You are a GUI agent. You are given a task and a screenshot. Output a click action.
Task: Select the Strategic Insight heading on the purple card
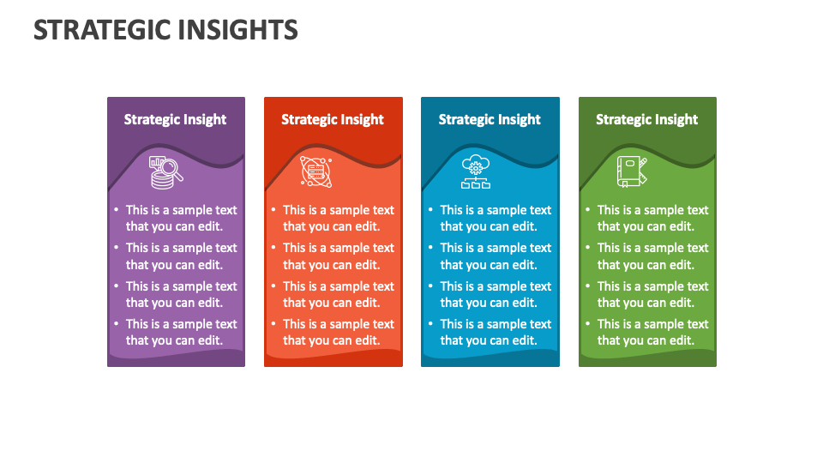pyautogui.click(x=175, y=119)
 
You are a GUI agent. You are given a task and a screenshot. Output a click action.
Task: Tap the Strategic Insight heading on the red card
pyautogui.click(x=333, y=119)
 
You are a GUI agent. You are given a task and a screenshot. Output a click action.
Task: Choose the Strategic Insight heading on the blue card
pyautogui.click(x=490, y=119)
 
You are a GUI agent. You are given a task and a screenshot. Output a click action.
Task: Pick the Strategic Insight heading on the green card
pyautogui.click(x=647, y=119)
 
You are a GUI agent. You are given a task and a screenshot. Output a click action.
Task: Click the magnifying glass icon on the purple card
pyautogui.click(x=166, y=171)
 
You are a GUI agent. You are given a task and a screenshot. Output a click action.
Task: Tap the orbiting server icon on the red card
pyautogui.click(x=316, y=171)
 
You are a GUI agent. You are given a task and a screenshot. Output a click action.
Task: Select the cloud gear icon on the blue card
pyautogui.click(x=476, y=171)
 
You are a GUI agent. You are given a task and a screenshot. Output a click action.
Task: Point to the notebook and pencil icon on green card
pyautogui.click(x=632, y=171)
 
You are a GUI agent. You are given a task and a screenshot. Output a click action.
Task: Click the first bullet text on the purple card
pyautogui.click(x=181, y=218)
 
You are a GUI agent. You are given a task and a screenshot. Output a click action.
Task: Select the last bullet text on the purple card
pyautogui.click(x=181, y=332)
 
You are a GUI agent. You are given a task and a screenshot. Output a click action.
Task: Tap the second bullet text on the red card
pyautogui.click(x=338, y=256)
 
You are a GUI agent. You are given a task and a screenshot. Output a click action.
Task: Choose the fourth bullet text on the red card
pyautogui.click(x=338, y=332)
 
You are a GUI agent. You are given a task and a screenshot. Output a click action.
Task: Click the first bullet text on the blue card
pyautogui.click(x=496, y=218)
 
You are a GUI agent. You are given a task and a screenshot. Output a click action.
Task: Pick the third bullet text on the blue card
pyautogui.click(x=496, y=294)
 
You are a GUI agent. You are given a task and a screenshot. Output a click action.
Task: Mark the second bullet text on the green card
pyautogui.click(x=652, y=256)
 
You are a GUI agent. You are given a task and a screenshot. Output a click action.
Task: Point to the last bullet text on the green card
pyautogui.click(x=652, y=332)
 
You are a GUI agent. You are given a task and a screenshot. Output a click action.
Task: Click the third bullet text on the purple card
pyautogui.click(x=181, y=294)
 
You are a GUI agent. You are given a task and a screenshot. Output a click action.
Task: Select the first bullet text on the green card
pyautogui.click(x=652, y=218)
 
